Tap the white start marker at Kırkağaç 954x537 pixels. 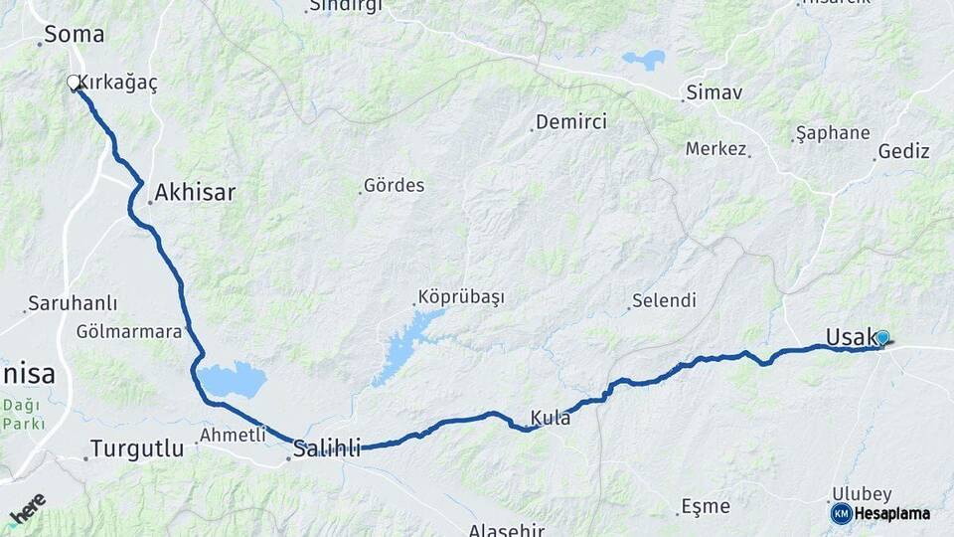pos(73,83)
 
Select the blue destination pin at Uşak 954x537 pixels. pos(881,338)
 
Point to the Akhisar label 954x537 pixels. pos(195,192)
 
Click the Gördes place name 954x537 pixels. pos(394,185)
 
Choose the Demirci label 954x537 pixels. pos(571,122)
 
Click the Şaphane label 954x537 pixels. pos(833,133)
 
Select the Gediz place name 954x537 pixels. pos(904,152)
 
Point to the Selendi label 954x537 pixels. pos(664,300)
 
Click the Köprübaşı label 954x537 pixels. pos(461,297)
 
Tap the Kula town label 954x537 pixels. pos(551,418)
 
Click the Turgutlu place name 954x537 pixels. pos(137,448)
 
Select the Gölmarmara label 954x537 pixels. pos(129,331)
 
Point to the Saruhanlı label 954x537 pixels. pos(73,303)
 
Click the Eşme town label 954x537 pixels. pos(707,506)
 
